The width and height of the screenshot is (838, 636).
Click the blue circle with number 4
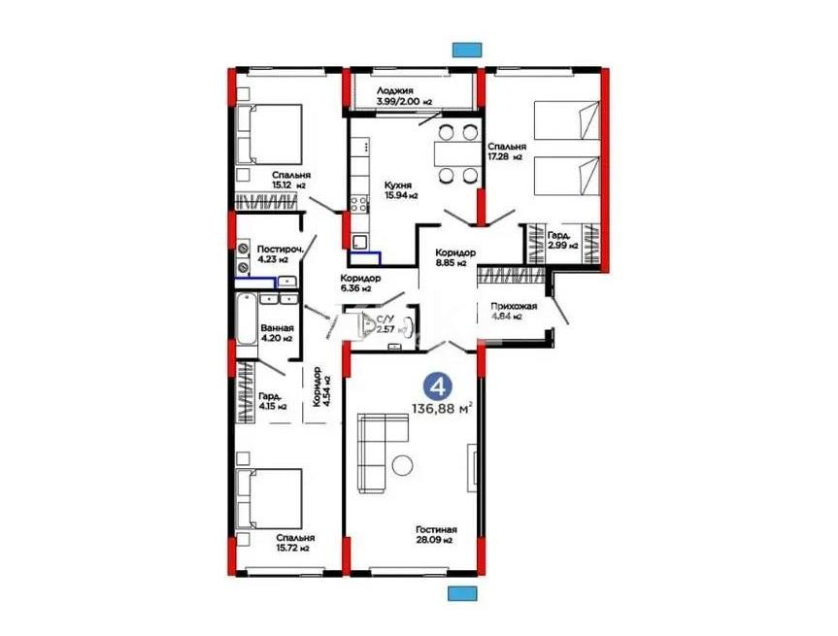tap(438, 386)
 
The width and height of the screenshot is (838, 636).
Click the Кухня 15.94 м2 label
tap(400, 189)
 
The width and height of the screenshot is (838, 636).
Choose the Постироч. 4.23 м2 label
tap(281, 253)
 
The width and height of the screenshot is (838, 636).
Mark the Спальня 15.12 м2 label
tap(290, 180)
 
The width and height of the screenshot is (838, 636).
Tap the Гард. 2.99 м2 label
tap(561, 241)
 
